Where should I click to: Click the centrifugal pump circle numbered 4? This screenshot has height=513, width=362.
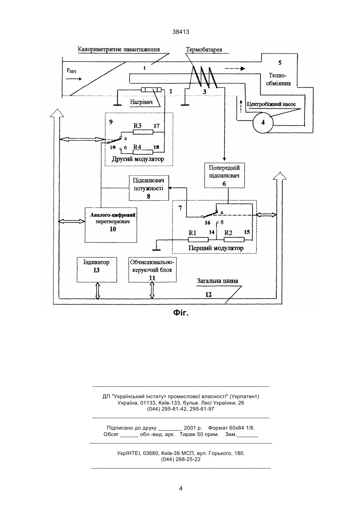click(x=263, y=123)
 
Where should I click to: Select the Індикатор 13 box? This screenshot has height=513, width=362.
click(x=97, y=270)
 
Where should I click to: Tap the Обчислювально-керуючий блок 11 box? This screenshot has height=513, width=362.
click(x=152, y=270)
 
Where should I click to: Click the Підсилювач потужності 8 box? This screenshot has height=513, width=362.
click(x=149, y=188)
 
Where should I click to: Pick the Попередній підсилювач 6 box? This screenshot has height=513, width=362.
click(x=224, y=175)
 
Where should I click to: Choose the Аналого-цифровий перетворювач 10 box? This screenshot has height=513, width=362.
click(x=111, y=225)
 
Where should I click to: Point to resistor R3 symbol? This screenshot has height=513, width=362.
click(x=143, y=132)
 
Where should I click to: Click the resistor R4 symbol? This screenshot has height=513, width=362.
click(x=143, y=152)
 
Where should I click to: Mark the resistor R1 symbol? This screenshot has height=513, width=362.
click(x=198, y=240)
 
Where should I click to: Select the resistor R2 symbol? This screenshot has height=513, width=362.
click(x=234, y=240)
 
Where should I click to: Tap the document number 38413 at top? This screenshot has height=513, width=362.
click(x=181, y=32)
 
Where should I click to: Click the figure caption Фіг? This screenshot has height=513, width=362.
click(x=181, y=313)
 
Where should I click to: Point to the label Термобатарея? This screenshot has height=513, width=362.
click(x=204, y=50)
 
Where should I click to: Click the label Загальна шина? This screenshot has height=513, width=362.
click(x=217, y=281)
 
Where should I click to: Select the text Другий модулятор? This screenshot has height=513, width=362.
click(x=138, y=159)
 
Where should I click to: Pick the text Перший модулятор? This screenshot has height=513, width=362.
click(x=216, y=248)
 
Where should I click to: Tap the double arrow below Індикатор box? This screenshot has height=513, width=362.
click(x=98, y=291)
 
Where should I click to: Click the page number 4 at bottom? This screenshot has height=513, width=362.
click(x=181, y=488)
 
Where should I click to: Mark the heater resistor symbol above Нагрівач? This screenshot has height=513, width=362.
click(x=151, y=90)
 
